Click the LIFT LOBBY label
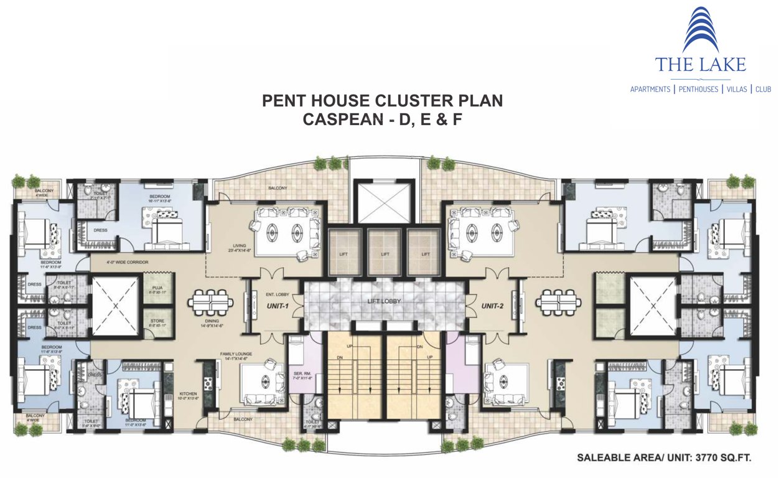point(385,301)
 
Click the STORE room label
point(157,322)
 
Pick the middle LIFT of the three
point(385,254)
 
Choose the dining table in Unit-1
point(212,304)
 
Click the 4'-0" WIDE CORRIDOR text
point(127,262)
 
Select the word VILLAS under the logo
point(737,90)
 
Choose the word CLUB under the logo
point(763,90)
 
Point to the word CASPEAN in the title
point(338,119)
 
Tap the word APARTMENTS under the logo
point(650,90)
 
